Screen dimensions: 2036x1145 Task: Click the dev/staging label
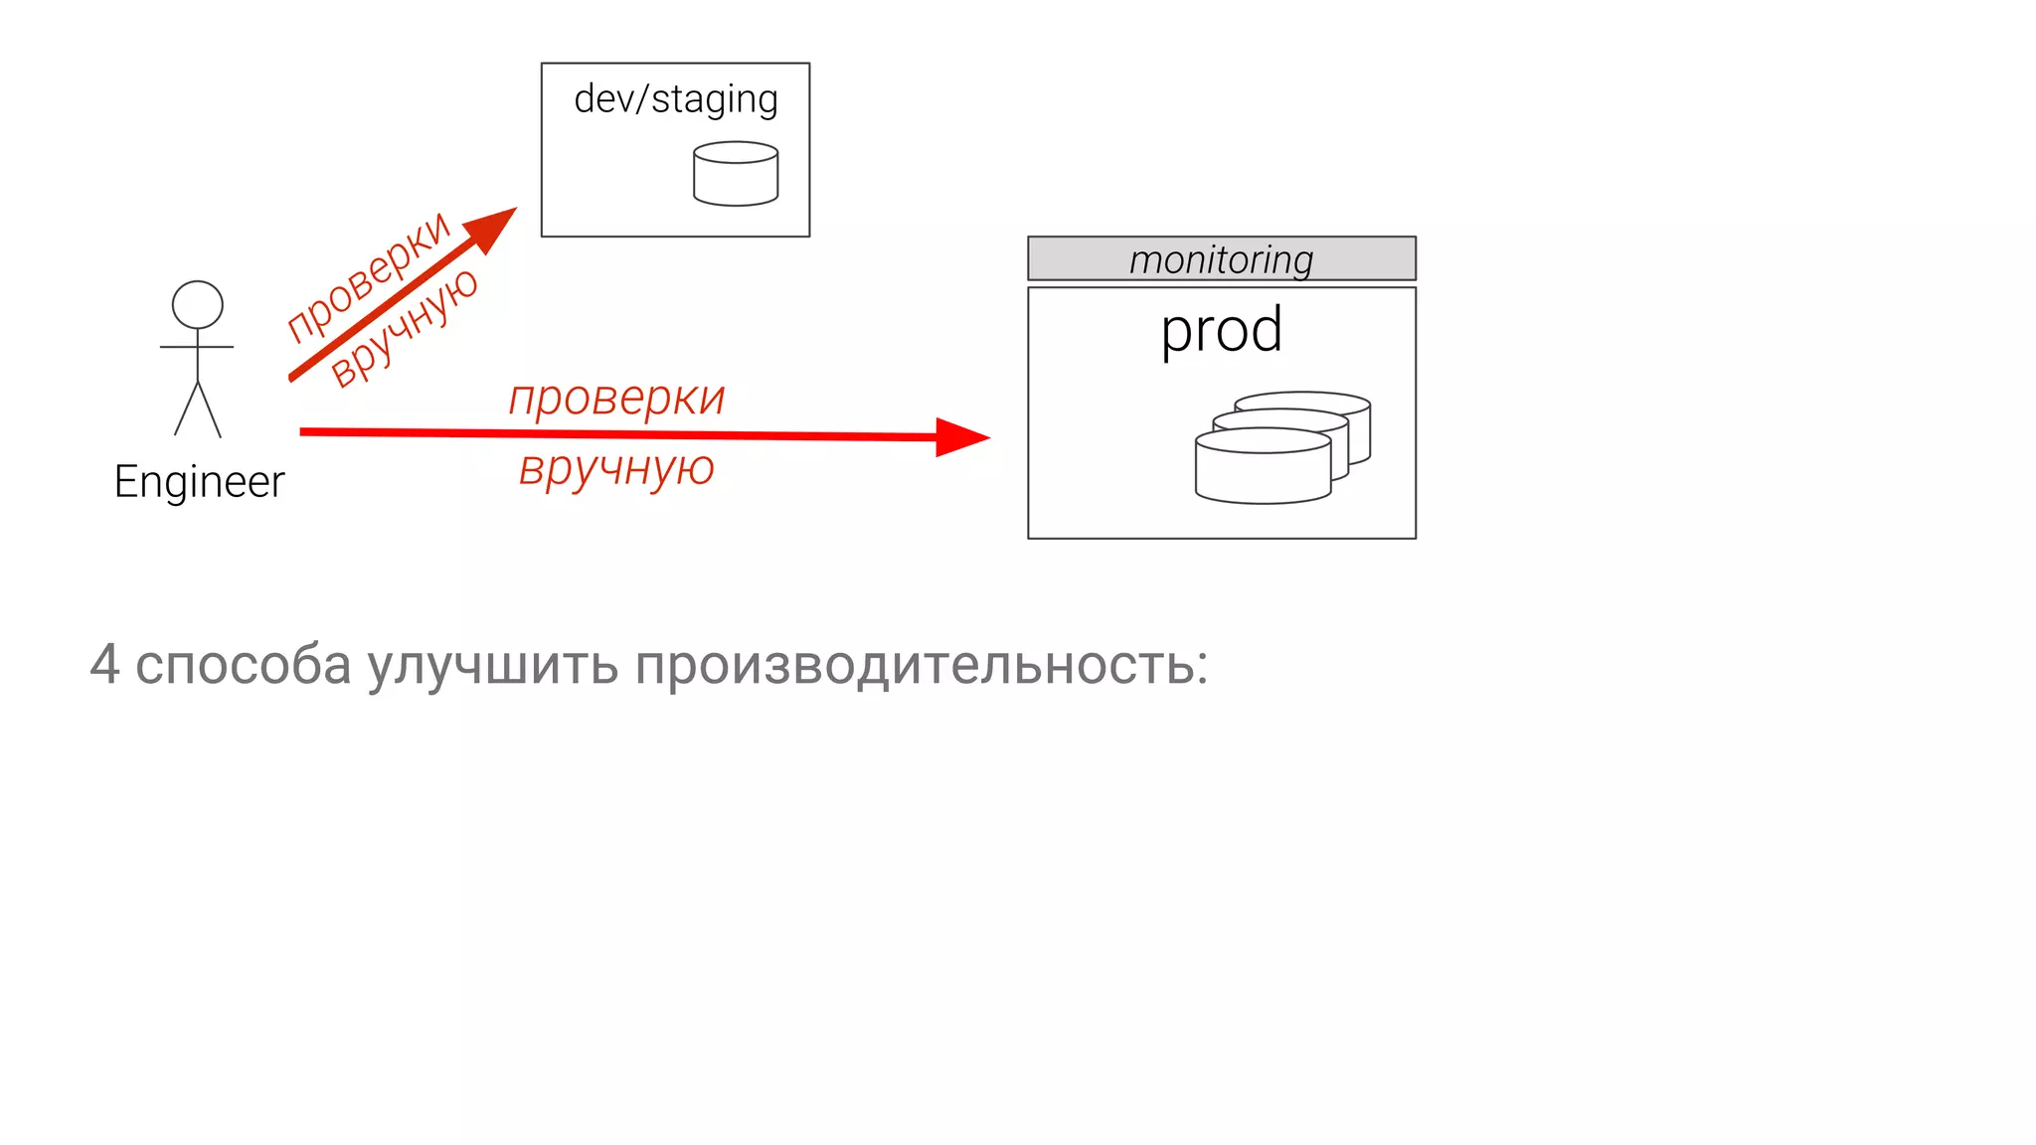[x=675, y=99]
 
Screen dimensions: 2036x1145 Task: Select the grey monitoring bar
[x=1221, y=258]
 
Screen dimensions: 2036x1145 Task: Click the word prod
[x=1221, y=331]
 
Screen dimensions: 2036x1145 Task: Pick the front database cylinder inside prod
[x=1263, y=467]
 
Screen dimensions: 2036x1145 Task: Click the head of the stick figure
[x=198, y=304]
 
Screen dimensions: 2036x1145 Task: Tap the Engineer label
[x=199, y=482]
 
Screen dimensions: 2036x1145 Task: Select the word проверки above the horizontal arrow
[x=616, y=399]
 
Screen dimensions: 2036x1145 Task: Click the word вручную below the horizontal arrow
[x=616, y=468]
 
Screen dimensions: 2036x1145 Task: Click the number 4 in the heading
[x=105, y=664]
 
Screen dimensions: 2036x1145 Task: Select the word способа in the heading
[x=243, y=664]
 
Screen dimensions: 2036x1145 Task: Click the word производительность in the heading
[x=914, y=664]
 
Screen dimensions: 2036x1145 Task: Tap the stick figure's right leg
[x=211, y=409]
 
